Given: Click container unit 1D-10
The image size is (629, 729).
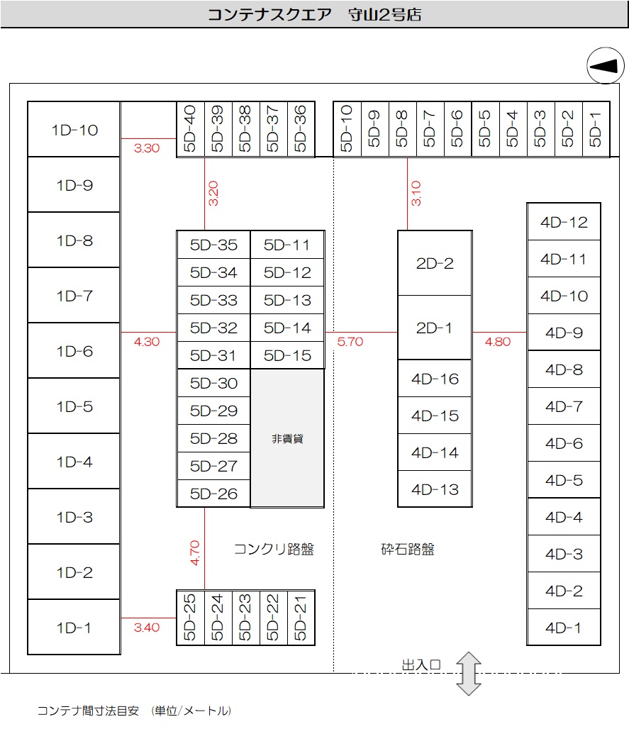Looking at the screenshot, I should (74, 130).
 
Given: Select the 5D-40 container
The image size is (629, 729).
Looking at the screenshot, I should (190, 129).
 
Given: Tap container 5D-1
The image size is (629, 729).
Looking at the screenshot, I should (595, 129).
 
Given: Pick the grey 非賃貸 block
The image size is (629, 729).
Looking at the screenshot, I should (287, 438).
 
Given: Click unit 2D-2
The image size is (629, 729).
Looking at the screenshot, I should (435, 263).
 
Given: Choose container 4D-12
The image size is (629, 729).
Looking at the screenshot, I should (564, 222).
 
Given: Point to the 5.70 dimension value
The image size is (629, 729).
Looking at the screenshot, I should (350, 341).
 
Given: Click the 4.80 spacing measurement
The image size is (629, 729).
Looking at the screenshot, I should (497, 341).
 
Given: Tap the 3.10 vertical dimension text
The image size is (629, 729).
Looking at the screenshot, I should (416, 194).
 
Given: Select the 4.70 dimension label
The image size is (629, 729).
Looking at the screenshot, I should (196, 552).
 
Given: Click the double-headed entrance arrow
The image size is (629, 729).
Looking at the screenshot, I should (468, 673).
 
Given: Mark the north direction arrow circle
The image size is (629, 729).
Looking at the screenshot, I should (605, 66).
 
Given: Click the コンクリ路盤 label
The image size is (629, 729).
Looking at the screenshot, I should (274, 549).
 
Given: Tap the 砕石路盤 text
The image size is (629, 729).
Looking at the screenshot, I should (408, 549).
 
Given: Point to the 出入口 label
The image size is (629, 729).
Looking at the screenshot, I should (422, 664).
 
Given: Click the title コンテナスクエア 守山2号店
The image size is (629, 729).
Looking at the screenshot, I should (314, 14).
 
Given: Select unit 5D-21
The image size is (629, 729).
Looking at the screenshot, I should (301, 618).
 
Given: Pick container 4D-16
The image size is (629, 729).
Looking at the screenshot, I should (435, 379).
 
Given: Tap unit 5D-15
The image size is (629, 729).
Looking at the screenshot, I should (287, 355).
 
